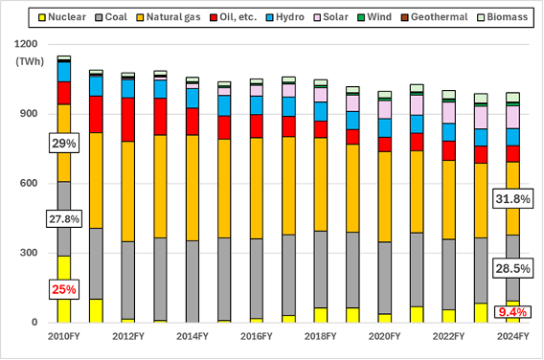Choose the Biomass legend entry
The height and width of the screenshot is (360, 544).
(x=505, y=17)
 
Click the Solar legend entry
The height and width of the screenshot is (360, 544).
(x=333, y=17)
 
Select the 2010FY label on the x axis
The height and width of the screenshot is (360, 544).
(x=64, y=337)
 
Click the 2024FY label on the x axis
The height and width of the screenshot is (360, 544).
(x=513, y=337)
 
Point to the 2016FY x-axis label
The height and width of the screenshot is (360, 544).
(x=257, y=337)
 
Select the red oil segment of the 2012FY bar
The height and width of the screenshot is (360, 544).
(x=128, y=120)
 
